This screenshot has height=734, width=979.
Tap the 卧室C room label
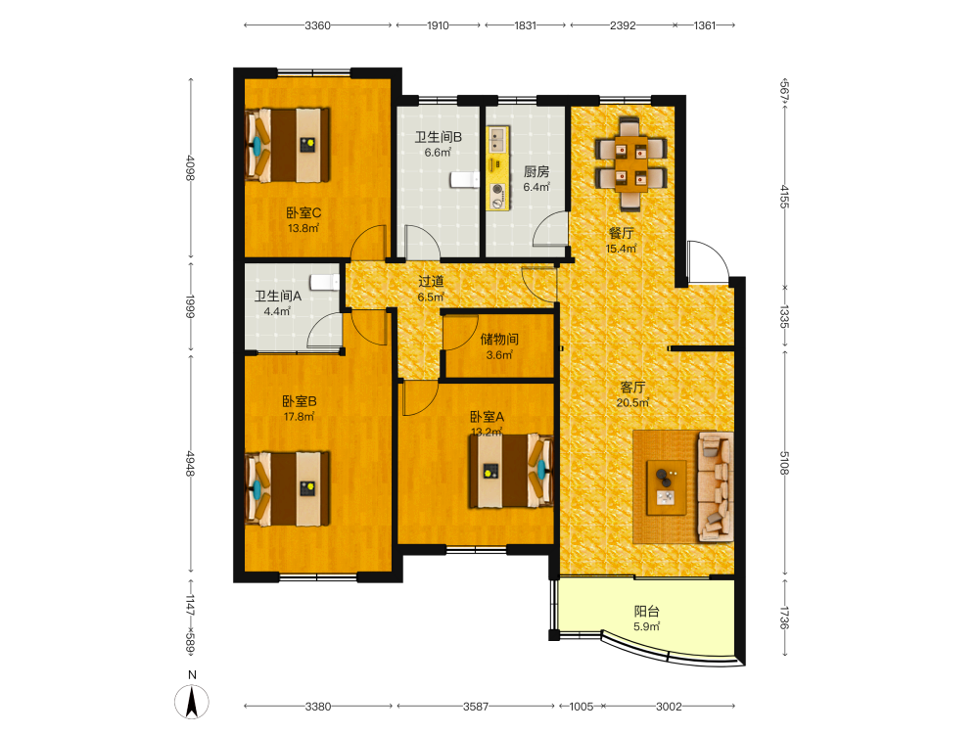click(x=303, y=212)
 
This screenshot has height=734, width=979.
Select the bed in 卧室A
click(x=511, y=470)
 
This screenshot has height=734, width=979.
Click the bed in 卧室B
click(x=288, y=488)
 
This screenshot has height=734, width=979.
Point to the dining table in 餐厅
click(x=630, y=162)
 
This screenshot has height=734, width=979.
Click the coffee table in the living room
click(x=666, y=487)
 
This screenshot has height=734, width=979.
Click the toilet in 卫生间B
click(x=464, y=180)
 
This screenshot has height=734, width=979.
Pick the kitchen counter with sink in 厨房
click(x=498, y=168)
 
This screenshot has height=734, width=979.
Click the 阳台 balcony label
click(x=647, y=612)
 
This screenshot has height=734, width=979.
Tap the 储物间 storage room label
click(x=499, y=339)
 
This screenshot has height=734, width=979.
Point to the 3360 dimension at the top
click(x=317, y=25)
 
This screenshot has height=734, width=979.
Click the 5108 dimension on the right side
click(x=785, y=463)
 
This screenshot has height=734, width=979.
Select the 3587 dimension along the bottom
click(x=476, y=707)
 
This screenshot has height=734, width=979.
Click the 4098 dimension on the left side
click(x=191, y=168)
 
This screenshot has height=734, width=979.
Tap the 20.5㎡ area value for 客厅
click(x=632, y=402)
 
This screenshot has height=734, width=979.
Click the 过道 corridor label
click(x=431, y=282)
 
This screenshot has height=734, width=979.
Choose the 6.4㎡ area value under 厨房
click(x=536, y=187)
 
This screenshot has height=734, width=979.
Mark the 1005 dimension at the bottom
click(x=582, y=707)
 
